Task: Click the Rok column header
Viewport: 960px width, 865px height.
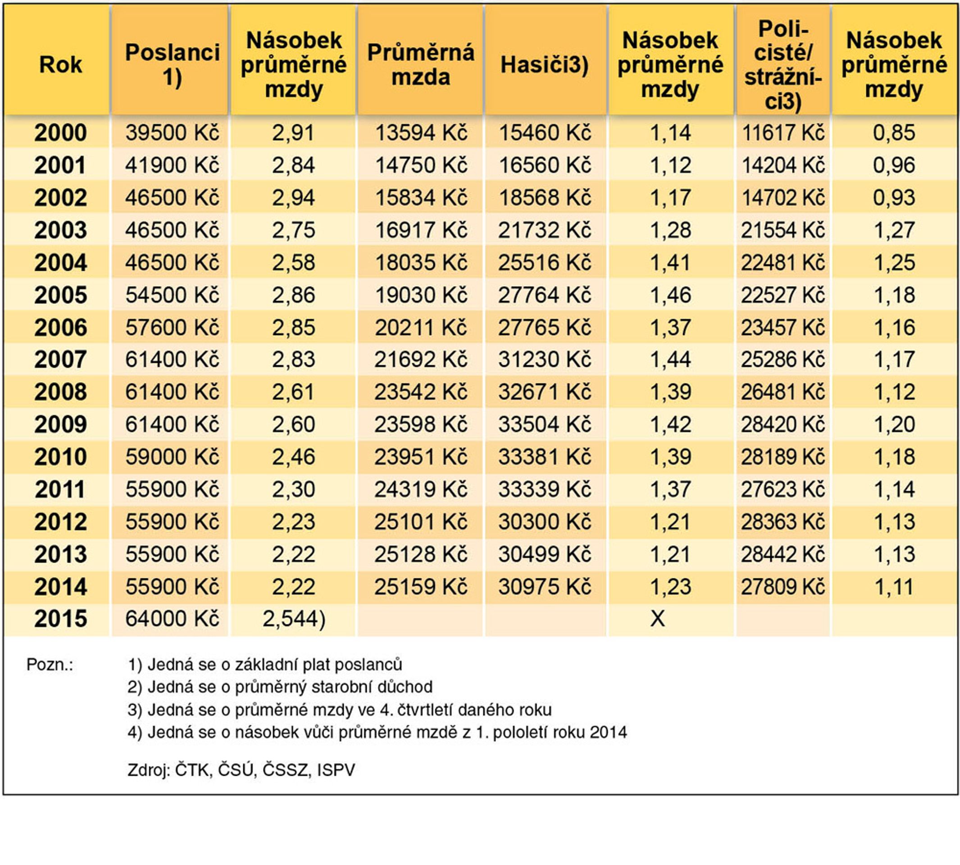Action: tap(60, 64)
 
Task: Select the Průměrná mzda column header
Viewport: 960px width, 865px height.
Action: tap(421, 64)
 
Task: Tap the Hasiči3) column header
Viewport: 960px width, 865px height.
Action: tap(545, 64)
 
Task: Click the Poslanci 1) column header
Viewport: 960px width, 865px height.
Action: tap(172, 64)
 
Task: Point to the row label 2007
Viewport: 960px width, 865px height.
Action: tap(60, 360)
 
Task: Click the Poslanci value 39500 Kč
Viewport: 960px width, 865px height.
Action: tap(172, 132)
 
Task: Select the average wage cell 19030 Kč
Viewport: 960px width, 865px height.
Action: tap(421, 295)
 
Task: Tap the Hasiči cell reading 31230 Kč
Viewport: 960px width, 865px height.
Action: tap(545, 360)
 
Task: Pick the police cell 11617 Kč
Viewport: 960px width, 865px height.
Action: tap(783, 132)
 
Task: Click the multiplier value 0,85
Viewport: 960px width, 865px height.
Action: tap(894, 132)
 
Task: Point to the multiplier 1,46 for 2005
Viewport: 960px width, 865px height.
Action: tap(670, 295)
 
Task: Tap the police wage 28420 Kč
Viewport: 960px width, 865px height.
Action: tap(783, 424)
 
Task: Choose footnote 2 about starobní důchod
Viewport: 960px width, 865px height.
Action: tap(280, 687)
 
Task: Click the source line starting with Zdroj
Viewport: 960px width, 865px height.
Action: tap(241, 770)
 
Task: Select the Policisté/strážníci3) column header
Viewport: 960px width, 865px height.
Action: tap(783, 64)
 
